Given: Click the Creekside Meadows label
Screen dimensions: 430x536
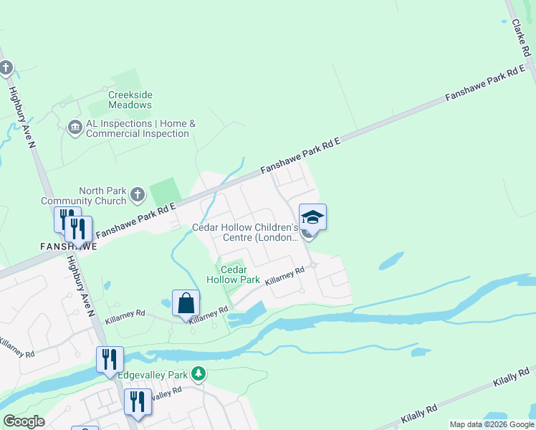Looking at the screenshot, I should pos(130,100).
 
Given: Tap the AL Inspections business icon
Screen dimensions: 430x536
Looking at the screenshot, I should pos(75,128).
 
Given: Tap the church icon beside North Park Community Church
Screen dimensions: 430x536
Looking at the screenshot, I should pos(138,193).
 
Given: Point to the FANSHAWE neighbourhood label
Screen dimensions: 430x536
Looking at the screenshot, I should pos(69,245).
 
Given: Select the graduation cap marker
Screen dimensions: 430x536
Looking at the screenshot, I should pos(312,216).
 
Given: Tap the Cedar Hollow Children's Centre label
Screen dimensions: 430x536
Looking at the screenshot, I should pos(244,232).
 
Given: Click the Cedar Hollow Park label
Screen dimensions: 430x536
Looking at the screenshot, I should pos(233,274).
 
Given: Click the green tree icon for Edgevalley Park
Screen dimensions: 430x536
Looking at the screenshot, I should pos(199,373).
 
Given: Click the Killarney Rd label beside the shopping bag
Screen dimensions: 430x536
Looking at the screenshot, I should pos(209,313).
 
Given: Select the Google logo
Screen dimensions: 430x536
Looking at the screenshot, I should pos(24,421).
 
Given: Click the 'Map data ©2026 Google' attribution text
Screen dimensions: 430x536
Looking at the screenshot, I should pos(492,424).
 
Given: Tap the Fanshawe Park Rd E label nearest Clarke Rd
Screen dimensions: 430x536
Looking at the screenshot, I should pos(485,85).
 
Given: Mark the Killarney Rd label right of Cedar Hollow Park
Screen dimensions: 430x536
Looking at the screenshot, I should pos(285,277).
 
